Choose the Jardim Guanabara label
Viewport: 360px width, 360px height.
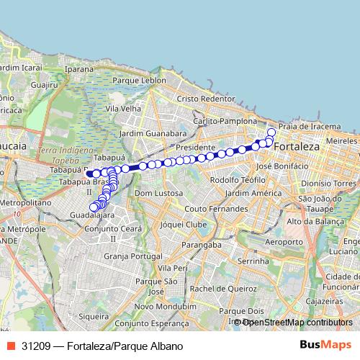point(153,134)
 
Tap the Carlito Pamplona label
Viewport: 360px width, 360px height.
point(225,121)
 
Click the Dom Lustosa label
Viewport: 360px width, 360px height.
point(156,194)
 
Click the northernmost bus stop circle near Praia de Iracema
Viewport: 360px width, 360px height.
point(271,132)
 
